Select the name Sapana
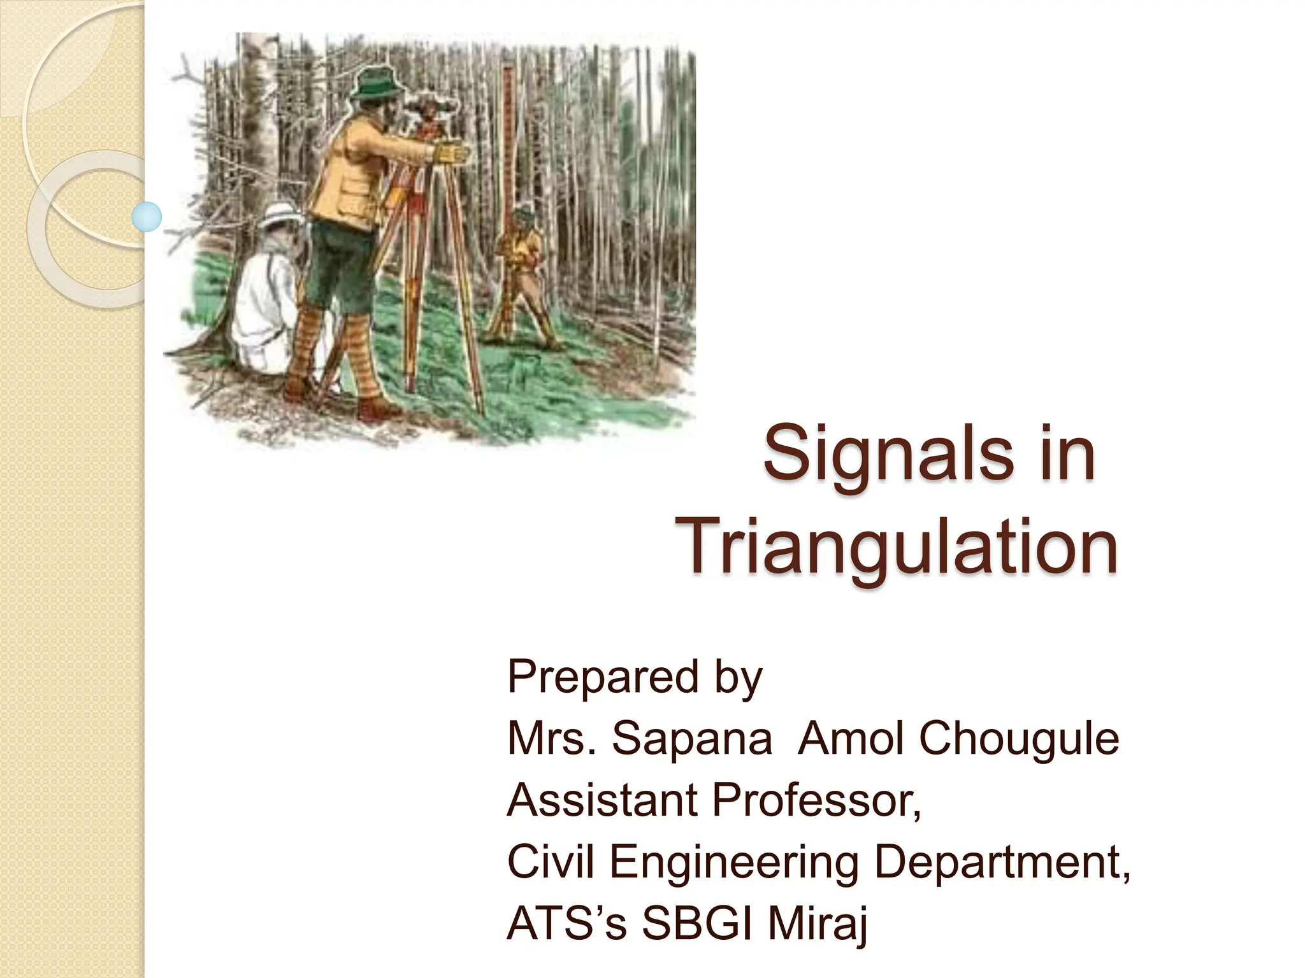click(x=691, y=739)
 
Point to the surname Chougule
click(x=1018, y=739)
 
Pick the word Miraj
click(x=817, y=923)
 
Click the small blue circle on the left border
click(x=147, y=216)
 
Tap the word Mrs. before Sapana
click(x=552, y=739)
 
